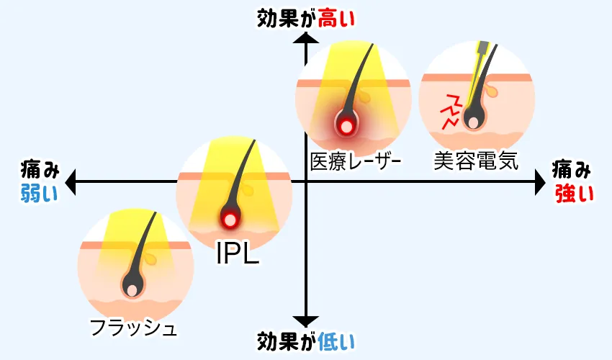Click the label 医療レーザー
(354, 160)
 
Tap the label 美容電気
(476, 160)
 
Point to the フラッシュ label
(134, 329)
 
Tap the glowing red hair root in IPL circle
(230, 219)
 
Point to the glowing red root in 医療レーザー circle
(347, 125)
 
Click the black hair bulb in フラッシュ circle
(132, 287)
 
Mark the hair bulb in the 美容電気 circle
(473, 120)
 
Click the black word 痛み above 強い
(573, 170)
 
